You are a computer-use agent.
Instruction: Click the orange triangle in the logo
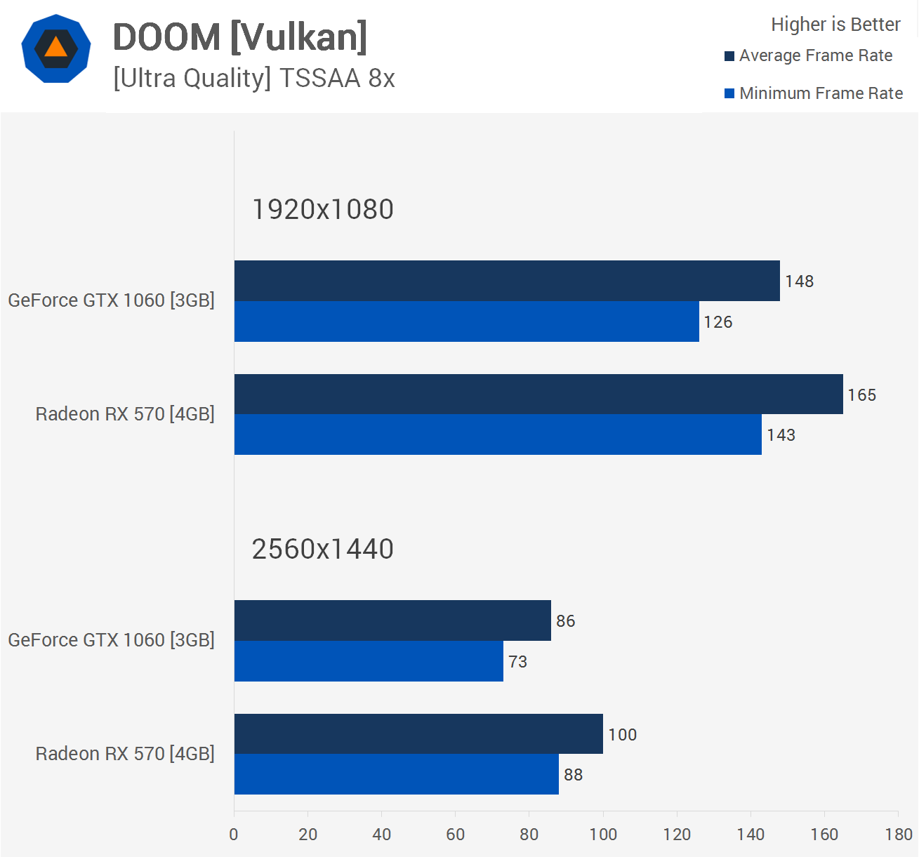pos(55,48)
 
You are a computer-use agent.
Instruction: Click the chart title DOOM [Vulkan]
pos(239,37)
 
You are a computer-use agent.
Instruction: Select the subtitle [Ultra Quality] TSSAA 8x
pos(253,78)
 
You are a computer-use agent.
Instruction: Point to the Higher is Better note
pos(835,25)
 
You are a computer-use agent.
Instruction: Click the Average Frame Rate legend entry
pos(815,55)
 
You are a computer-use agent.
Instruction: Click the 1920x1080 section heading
pos(322,209)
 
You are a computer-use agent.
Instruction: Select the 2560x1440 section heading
pos(322,549)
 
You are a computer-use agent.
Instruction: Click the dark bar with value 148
pos(506,281)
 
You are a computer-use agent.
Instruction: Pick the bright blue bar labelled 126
pos(466,321)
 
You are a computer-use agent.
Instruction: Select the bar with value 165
pos(538,394)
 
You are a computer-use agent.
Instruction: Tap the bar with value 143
pos(497,434)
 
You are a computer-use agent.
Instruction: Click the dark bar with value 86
pos(392,620)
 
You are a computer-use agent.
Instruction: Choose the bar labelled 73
pos(368,661)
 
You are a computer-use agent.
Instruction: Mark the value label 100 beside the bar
pos(622,734)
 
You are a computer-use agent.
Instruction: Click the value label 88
pos(573,775)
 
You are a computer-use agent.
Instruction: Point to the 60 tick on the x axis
pos(455,835)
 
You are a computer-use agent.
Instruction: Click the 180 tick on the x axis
pos(899,835)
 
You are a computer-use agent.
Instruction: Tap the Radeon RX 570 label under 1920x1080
pos(125,414)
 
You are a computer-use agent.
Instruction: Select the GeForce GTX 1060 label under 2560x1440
pos(111,640)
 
